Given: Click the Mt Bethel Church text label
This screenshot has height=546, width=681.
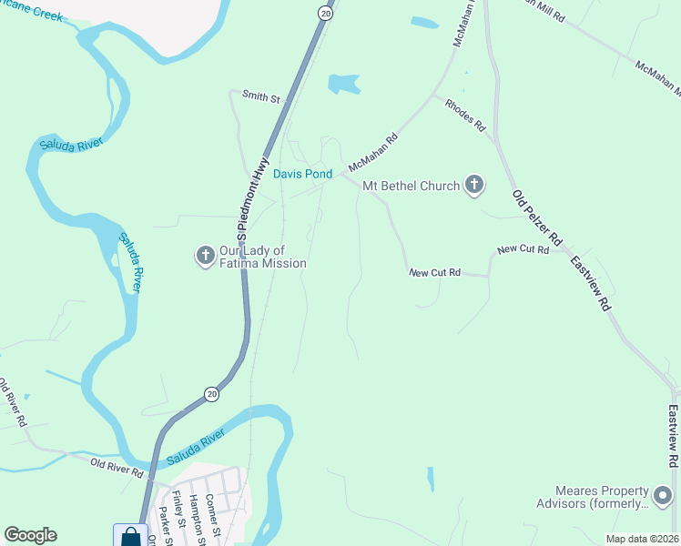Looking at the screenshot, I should click(x=411, y=186).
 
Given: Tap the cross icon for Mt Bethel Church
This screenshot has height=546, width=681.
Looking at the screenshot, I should click(x=473, y=186).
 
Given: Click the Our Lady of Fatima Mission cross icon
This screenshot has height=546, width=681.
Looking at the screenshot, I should click(x=206, y=256).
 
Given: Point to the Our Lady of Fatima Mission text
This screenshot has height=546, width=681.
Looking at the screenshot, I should click(x=263, y=257).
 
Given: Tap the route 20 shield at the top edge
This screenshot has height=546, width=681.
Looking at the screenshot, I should click(x=325, y=12).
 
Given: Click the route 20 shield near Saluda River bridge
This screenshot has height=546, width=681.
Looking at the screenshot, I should click(x=212, y=393).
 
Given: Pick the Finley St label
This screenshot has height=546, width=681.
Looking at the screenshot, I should click(x=180, y=512).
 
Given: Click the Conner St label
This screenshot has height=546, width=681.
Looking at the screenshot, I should click(x=212, y=512).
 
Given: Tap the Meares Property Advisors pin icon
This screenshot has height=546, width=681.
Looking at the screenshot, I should click(x=663, y=496).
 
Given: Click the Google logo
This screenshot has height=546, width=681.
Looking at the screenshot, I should click(x=31, y=535).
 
